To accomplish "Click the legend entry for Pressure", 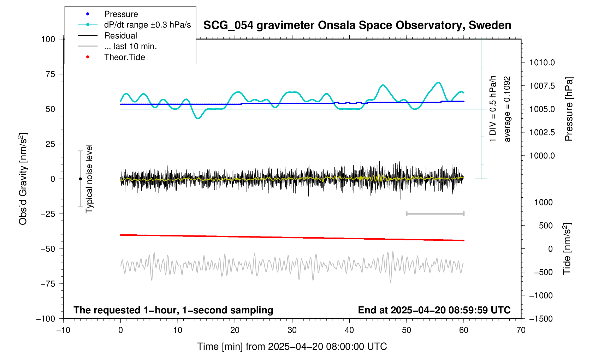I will coord(121,14).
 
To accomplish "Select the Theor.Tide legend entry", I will coord(124,57).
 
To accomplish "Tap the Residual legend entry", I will coord(120,36).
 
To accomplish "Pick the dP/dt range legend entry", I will coord(147,25).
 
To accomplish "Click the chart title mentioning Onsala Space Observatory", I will coord(357,25).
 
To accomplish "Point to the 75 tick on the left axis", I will coord(48,74).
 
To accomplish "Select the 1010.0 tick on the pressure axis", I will coord(542,63).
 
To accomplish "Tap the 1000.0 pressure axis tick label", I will coord(542,156).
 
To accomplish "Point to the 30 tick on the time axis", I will coord(292,330).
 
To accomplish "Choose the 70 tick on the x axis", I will coord(521,330).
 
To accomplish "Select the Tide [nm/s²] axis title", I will coord(567,248).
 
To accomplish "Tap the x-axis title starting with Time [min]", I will coord(292,347).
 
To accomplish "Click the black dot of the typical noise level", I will coord(80,179).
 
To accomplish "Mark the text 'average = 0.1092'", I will coord(507,109).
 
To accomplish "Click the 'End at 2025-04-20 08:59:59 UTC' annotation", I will coord(434,310).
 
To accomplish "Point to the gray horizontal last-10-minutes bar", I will coord(435,214).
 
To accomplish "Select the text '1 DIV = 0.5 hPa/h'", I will coord(493,109).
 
